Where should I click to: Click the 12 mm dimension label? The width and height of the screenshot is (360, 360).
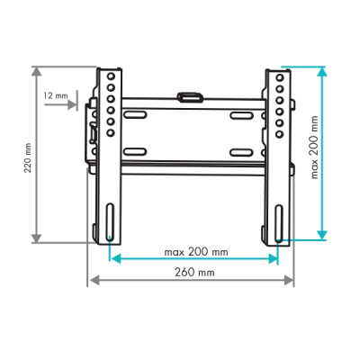point(56,96)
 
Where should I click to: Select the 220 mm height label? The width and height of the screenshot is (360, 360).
point(28,158)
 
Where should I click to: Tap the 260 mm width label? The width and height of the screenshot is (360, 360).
point(194,273)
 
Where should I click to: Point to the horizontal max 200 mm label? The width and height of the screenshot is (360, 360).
point(196,252)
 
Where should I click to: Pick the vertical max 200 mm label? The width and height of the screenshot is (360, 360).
point(314,148)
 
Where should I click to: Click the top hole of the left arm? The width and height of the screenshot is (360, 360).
point(111,76)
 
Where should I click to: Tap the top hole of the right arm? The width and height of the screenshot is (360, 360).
point(280,77)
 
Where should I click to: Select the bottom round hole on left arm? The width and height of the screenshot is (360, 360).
point(111,132)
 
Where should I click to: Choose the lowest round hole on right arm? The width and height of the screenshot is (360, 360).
point(280,134)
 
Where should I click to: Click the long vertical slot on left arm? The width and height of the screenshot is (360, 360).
point(110,222)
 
